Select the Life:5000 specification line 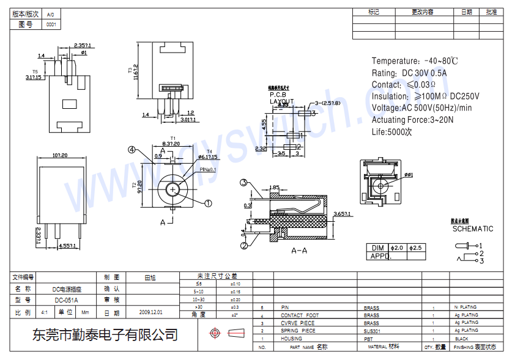392,132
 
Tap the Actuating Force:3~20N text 412,120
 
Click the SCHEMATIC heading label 472,229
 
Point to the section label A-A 299,251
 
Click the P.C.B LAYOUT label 281,98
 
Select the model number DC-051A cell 66,300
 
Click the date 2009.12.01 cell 150,312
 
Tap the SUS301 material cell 371,331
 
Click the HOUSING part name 291,339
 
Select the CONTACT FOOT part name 300,315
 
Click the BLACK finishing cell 461,339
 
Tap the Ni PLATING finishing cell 465,307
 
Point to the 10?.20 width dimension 60,155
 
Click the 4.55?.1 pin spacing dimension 67,246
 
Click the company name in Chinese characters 105,335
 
